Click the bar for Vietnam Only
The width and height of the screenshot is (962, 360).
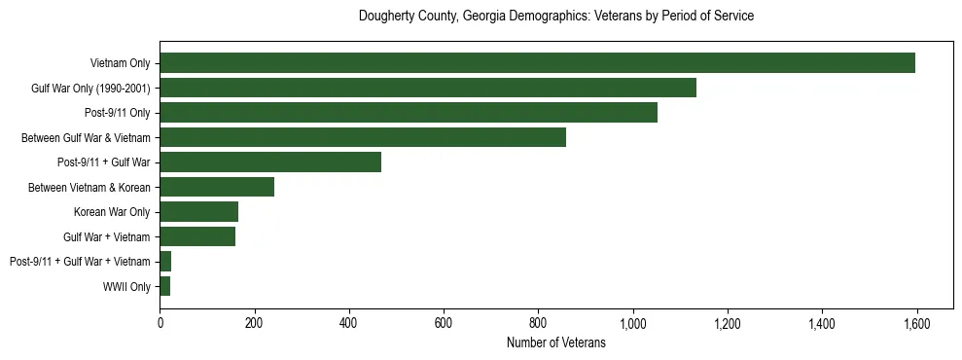point(537,63)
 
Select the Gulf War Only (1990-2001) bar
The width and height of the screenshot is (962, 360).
point(428,89)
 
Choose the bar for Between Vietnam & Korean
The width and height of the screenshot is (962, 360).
point(217,187)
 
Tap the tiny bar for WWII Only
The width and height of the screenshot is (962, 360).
point(165,286)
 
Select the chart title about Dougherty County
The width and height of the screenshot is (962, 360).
point(555,17)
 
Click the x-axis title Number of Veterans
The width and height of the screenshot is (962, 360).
point(555,342)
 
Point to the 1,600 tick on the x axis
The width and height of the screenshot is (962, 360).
point(916,324)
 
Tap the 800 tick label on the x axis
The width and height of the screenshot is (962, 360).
point(538,324)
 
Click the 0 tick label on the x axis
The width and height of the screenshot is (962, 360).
point(160,324)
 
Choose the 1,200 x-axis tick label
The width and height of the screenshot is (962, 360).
point(728,324)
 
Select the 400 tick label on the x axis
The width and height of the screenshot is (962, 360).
point(349,324)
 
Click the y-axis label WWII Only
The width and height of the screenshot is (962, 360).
point(126,286)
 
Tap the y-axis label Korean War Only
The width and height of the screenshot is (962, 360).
point(112,212)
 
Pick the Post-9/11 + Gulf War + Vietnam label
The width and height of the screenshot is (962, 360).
point(80,262)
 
